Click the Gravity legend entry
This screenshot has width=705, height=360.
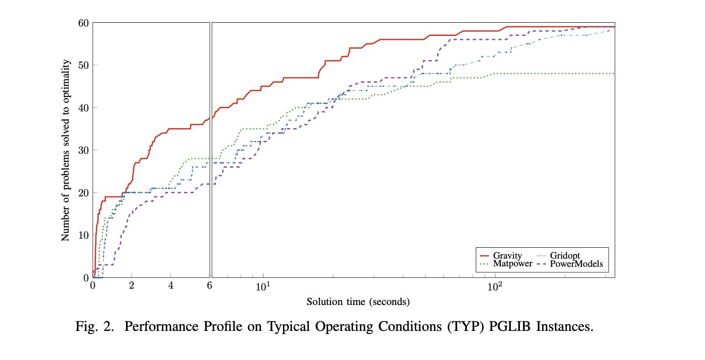pos(507,256)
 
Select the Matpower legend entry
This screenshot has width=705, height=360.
pos(513,264)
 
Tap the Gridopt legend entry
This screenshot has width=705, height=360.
pos(565,256)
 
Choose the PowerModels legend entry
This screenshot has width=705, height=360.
pos(576,264)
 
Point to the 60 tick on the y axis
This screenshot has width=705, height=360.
pos(84,23)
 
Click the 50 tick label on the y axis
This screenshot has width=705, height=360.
pos(84,65)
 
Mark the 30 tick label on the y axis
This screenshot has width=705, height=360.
pos(84,150)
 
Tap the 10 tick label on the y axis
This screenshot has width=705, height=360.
pos(84,235)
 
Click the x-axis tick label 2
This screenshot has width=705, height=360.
pos(132,286)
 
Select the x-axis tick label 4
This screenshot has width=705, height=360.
pos(171,286)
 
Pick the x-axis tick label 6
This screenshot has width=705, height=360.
pos(210,286)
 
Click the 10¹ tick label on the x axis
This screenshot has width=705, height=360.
pos(263,286)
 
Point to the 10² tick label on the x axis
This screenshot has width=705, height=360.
pos(495,286)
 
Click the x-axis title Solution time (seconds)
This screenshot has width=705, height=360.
pos(358,302)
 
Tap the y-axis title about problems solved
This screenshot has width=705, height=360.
pos(66,150)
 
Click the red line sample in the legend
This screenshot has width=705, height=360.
pos(484,256)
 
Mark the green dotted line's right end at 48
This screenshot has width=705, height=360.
pos(614,74)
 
